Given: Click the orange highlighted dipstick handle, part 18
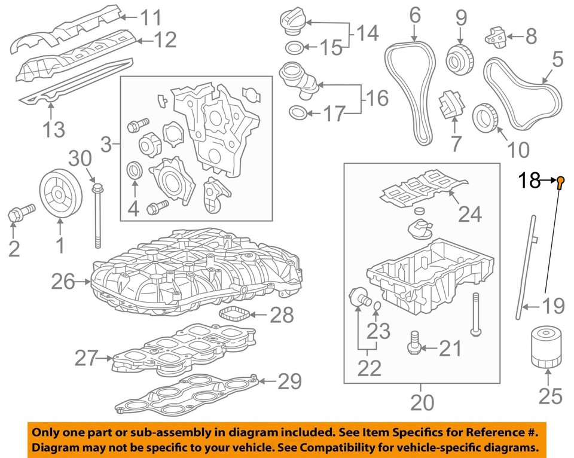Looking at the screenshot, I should tap(560, 182).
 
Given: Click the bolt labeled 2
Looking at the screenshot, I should tap(17, 213).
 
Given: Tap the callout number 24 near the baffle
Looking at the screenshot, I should tap(469, 213).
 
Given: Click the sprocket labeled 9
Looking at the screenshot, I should tap(459, 58).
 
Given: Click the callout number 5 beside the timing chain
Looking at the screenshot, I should tap(557, 59).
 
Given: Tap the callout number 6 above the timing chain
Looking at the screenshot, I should tap(415, 16).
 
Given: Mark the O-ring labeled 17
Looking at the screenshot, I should tap(299, 112).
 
